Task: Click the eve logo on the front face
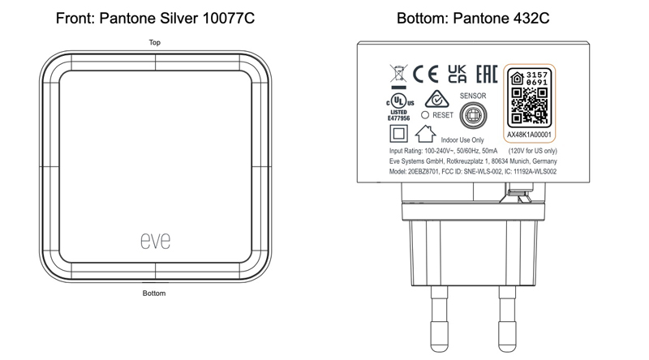tap(155, 241)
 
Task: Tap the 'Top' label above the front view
tap(154, 42)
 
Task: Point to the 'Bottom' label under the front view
tap(154, 293)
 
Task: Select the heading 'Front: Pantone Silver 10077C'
tap(155, 18)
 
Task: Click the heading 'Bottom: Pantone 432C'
tap(473, 18)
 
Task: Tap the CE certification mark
tap(425, 74)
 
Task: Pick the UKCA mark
tap(457, 74)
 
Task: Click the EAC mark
tap(486, 74)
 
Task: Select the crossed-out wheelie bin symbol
tap(398, 76)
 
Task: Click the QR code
tap(530, 105)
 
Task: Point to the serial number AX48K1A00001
tap(530, 135)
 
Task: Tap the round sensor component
tap(473, 115)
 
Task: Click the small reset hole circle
tap(424, 115)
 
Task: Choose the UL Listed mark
tap(399, 107)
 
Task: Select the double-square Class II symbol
tap(398, 134)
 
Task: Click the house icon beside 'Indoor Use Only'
tap(425, 134)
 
